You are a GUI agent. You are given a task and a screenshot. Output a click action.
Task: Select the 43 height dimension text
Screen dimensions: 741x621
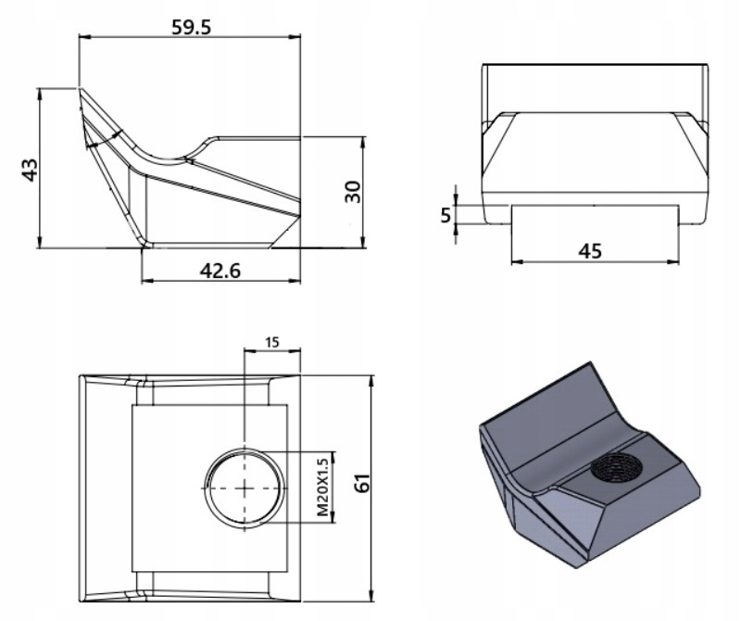[30, 169]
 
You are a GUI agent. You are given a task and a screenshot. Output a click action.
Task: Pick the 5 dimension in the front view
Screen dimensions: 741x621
[444, 214]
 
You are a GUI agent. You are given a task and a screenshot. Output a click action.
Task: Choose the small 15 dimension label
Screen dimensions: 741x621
[272, 342]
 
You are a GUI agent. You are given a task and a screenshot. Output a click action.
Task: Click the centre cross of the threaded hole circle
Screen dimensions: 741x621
[243, 487]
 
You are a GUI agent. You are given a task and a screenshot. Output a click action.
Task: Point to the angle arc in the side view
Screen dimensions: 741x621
[102, 141]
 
